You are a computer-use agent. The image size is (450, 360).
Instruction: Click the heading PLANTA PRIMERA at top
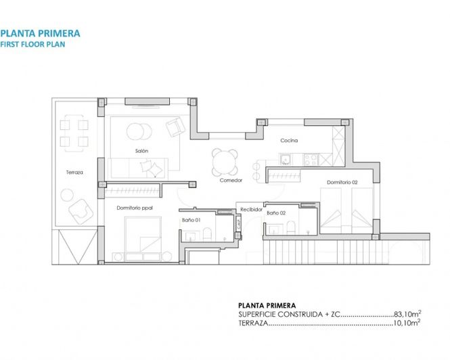[x=41, y=32]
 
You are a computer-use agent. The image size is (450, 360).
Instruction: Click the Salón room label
[x=141, y=150]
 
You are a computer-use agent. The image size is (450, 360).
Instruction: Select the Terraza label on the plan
[x=74, y=173]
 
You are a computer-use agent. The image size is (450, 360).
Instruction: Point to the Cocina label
[x=290, y=141]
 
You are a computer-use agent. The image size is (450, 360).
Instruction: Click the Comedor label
[x=231, y=180]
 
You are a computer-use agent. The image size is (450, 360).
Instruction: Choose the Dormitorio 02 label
[x=342, y=182]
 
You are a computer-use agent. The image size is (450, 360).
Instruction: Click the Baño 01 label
[x=190, y=220]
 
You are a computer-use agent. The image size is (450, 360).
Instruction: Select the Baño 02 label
[x=275, y=213]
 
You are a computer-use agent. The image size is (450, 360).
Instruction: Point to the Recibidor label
[x=250, y=209]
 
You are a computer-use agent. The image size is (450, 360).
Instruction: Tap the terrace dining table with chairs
[x=74, y=133]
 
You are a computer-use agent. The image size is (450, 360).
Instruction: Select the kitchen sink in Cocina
[x=286, y=160]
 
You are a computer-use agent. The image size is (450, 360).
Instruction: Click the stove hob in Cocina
[x=311, y=160]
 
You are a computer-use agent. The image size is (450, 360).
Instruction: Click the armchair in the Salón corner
[x=175, y=126]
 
